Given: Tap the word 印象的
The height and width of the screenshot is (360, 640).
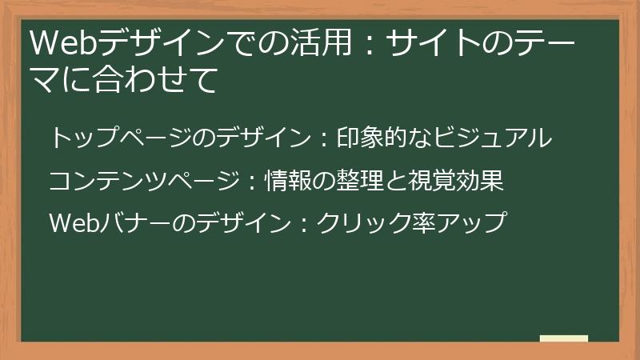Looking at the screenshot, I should (364, 138).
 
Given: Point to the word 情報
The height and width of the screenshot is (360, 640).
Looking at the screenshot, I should (286, 180).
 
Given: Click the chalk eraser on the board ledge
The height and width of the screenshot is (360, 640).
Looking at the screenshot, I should (563, 338).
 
